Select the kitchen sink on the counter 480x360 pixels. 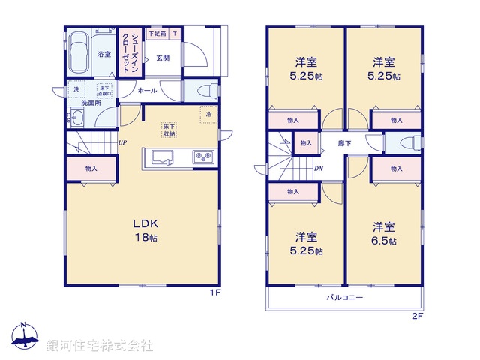tap(163, 157)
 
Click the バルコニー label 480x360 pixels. tap(345, 298)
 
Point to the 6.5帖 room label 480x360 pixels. tap(384, 233)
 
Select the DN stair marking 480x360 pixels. tap(318, 169)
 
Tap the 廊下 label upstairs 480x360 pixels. tap(344, 142)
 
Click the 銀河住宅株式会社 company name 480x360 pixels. tap(100, 345)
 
